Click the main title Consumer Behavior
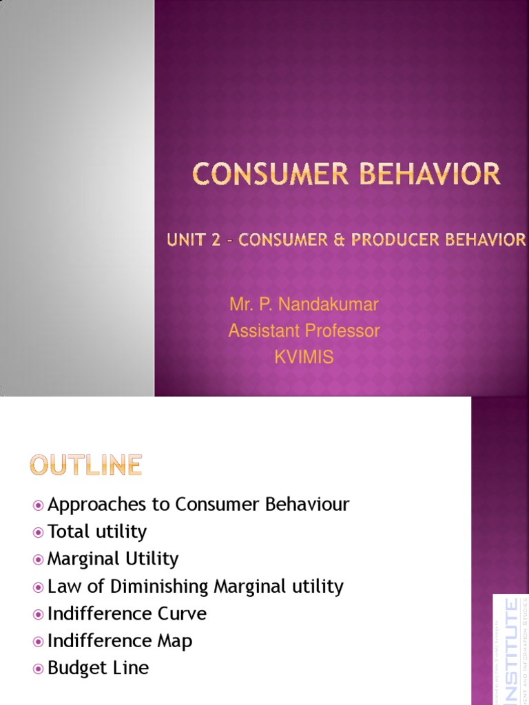coord(346,173)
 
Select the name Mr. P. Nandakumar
coord(304,304)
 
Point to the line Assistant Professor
coord(304,331)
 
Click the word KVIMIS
coord(304,357)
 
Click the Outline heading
coord(86,466)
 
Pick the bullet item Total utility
coord(97,532)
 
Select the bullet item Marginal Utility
coord(113,558)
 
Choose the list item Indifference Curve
coord(127,613)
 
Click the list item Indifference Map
coord(120,641)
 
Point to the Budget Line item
coord(98,668)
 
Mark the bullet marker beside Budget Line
coord(39,669)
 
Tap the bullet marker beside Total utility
coord(39,532)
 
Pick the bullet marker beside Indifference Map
coord(39,642)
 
